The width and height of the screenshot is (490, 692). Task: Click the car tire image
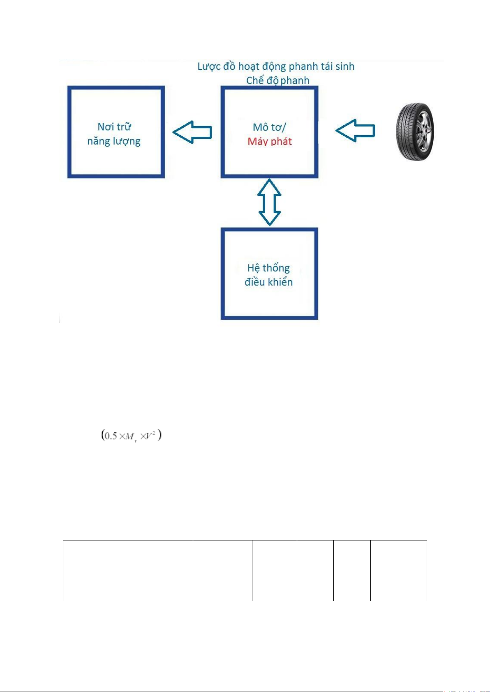[x=415, y=131]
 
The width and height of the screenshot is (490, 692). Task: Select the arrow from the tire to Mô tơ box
[x=355, y=131]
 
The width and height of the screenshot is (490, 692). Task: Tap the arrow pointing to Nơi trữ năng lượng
[x=192, y=132]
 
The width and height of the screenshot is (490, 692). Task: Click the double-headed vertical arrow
[x=269, y=202]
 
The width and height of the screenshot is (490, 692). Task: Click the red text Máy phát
[x=270, y=142]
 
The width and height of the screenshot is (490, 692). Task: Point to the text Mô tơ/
[x=269, y=127]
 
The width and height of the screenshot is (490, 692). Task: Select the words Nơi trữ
[x=114, y=126]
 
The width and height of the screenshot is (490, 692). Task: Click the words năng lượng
[x=114, y=141]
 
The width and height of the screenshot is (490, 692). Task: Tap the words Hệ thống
[x=268, y=268]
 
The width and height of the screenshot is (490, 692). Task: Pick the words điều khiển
[x=268, y=282]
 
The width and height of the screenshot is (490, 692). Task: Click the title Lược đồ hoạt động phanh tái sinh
[x=276, y=67]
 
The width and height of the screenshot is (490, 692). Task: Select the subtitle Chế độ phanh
[x=277, y=80]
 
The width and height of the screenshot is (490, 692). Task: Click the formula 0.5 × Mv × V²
[x=132, y=436]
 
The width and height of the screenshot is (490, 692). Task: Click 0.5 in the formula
[x=111, y=436]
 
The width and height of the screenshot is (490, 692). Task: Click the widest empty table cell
[x=128, y=570]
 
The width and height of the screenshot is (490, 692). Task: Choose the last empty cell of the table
[x=398, y=570]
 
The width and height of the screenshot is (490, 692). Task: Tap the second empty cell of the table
[x=222, y=570]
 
